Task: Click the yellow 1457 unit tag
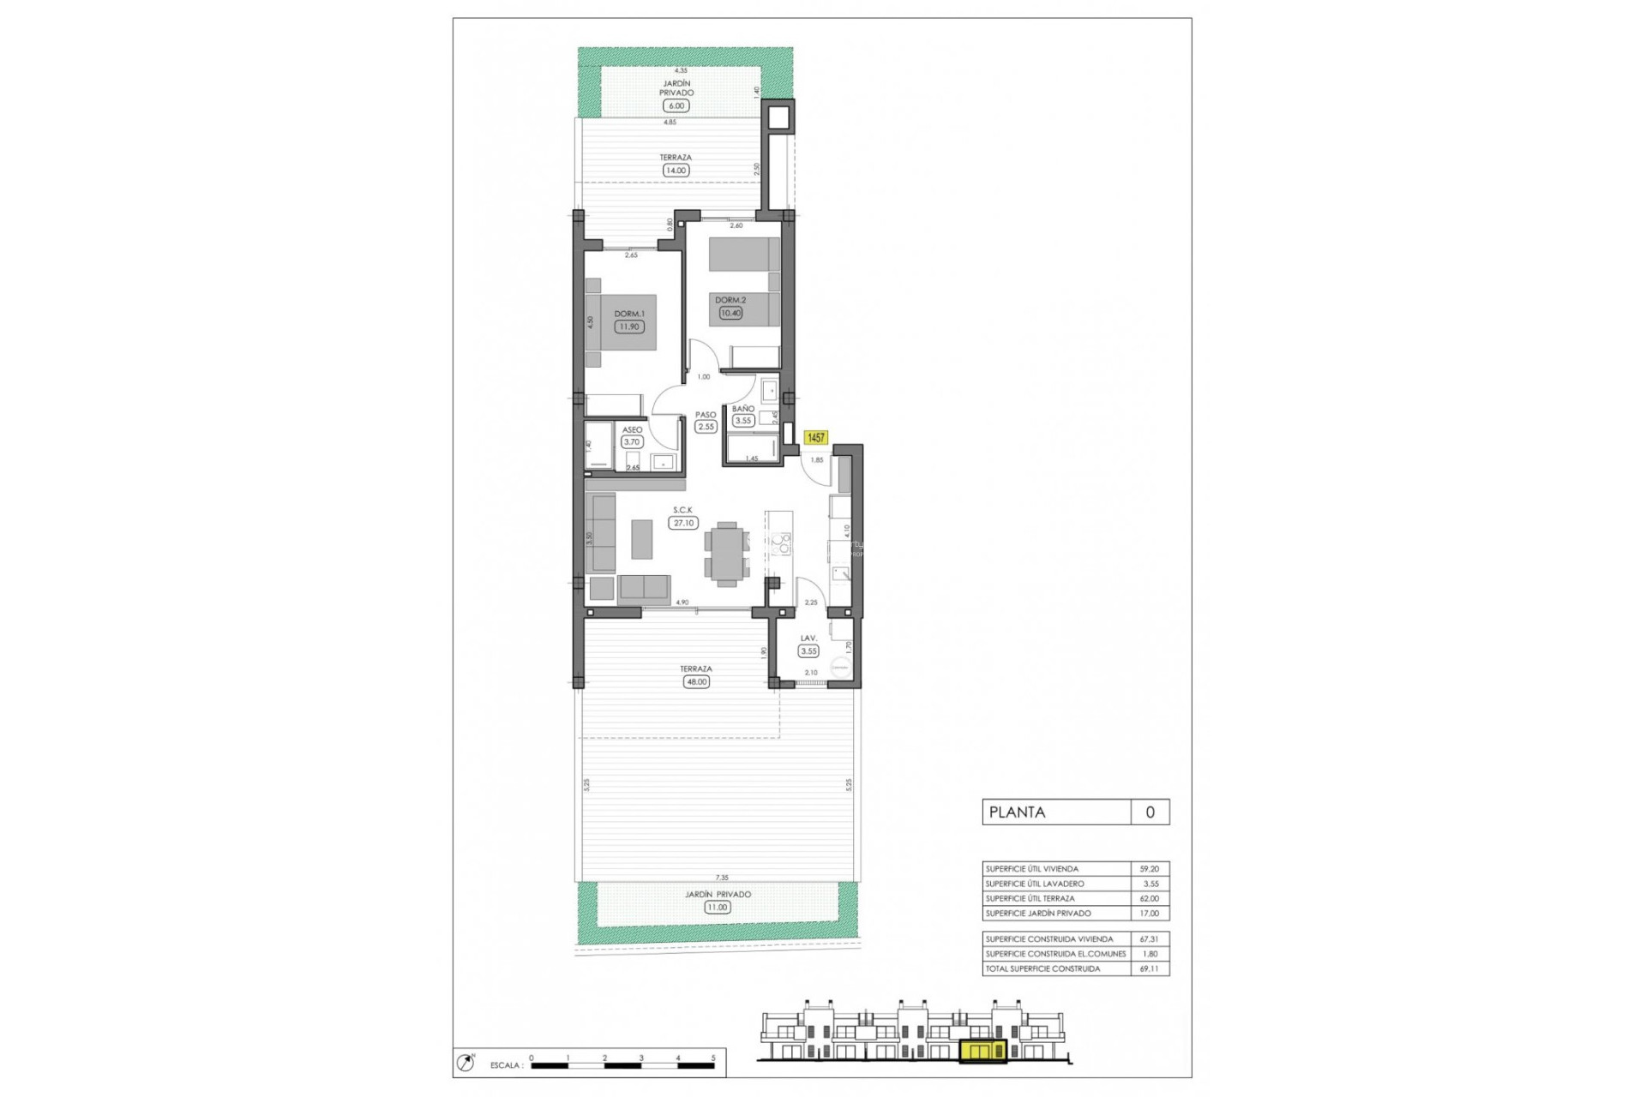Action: point(815,438)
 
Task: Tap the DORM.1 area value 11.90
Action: point(628,327)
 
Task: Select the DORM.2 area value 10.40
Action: point(730,313)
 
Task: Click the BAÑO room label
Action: point(742,409)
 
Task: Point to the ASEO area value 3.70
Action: point(632,442)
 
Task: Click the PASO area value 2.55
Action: point(706,427)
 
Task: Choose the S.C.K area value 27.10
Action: point(683,523)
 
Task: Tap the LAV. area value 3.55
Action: point(808,651)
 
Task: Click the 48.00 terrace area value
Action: point(696,682)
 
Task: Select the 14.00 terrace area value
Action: point(676,171)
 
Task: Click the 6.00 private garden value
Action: point(676,106)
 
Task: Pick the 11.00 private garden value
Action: point(717,908)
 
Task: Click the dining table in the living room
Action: point(726,553)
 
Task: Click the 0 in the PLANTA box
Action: point(1150,812)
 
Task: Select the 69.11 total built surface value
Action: point(1149,968)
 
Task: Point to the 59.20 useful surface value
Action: point(1149,869)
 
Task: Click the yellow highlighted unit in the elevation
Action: point(983,1052)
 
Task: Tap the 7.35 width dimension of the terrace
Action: point(722,878)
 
